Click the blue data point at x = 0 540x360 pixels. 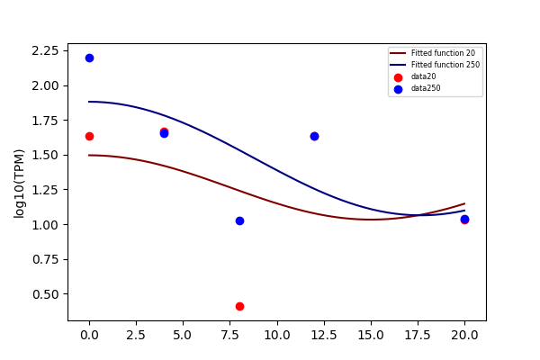tap(89, 58)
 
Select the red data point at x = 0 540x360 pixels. tap(89, 137)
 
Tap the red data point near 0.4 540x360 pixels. tap(239, 306)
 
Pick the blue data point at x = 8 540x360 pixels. tap(239, 220)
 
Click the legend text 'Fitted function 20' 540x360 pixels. tap(443, 53)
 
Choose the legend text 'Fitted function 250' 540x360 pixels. tap(445, 65)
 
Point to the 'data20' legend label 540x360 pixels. tap(423, 76)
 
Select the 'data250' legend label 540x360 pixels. tap(426, 88)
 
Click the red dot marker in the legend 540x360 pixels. tap(398, 78)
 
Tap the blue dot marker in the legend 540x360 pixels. tap(398, 90)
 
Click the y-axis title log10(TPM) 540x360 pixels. tap(19, 184)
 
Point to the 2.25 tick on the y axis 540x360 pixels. tap(45, 51)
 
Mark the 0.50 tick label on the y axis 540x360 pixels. tap(45, 294)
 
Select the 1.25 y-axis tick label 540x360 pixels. tap(45, 190)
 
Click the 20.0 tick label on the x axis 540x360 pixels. tap(464, 335)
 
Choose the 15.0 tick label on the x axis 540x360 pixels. tap(371, 335)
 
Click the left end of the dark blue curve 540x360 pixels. tap(89, 102)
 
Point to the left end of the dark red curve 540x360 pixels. tap(89, 156)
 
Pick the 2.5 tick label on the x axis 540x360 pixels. tap(136, 335)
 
